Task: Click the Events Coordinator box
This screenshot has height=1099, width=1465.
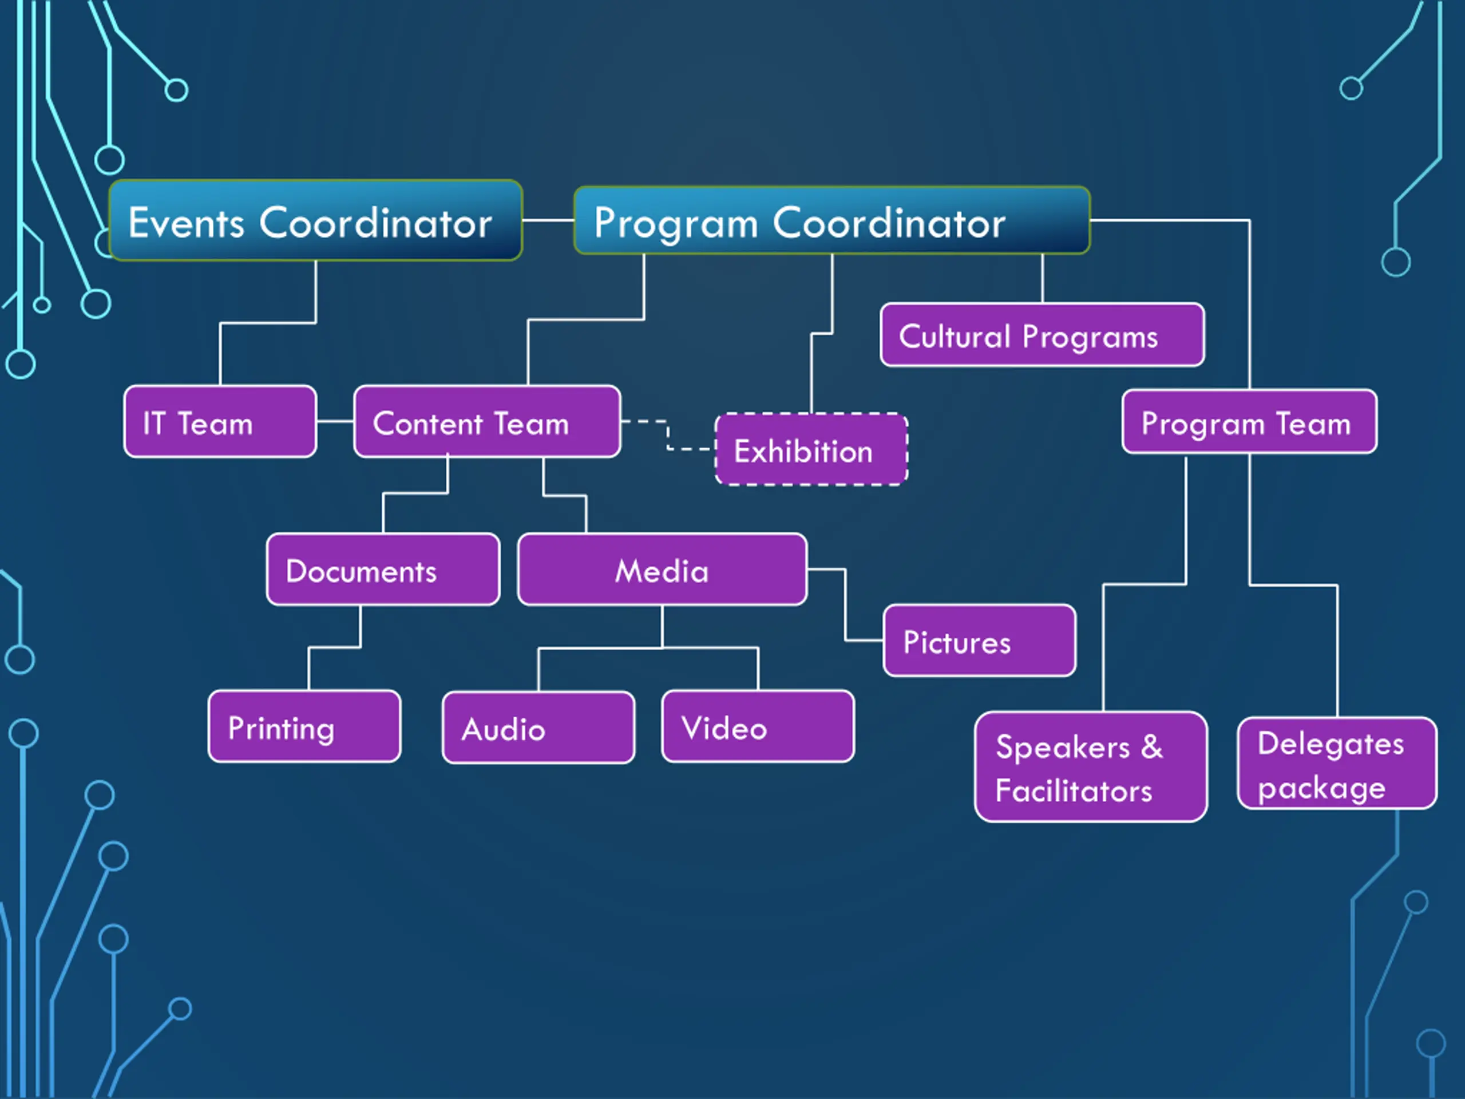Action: (x=315, y=220)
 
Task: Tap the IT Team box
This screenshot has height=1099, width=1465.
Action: (x=220, y=422)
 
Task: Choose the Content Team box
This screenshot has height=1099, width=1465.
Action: (x=487, y=422)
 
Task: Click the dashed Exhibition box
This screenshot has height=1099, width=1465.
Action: (x=811, y=450)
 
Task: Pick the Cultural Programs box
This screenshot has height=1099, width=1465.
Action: (x=1042, y=335)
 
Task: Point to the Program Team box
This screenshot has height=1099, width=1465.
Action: (x=1249, y=422)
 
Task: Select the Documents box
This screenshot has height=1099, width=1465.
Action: (x=383, y=570)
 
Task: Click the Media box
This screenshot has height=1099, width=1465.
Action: (x=662, y=570)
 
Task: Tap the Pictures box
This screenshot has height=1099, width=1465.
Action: (x=979, y=641)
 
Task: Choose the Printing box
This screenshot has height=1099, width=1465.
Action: (x=304, y=727)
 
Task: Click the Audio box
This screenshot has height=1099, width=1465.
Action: (x=538, y=728)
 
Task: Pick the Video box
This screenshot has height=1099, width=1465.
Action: (x=758, y=727)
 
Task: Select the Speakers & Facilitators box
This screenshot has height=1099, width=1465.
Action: (x=1090, y=767)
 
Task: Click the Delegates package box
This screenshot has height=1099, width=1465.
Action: (x=1336, y=763)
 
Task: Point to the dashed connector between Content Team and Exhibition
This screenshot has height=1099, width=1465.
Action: (x=668, y=435)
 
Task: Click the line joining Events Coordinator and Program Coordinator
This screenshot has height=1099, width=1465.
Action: (x=548, y=220)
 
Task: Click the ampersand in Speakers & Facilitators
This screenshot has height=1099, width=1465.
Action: (x=1152, y=746)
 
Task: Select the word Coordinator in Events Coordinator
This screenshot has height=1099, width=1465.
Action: (x=375, y=223)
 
